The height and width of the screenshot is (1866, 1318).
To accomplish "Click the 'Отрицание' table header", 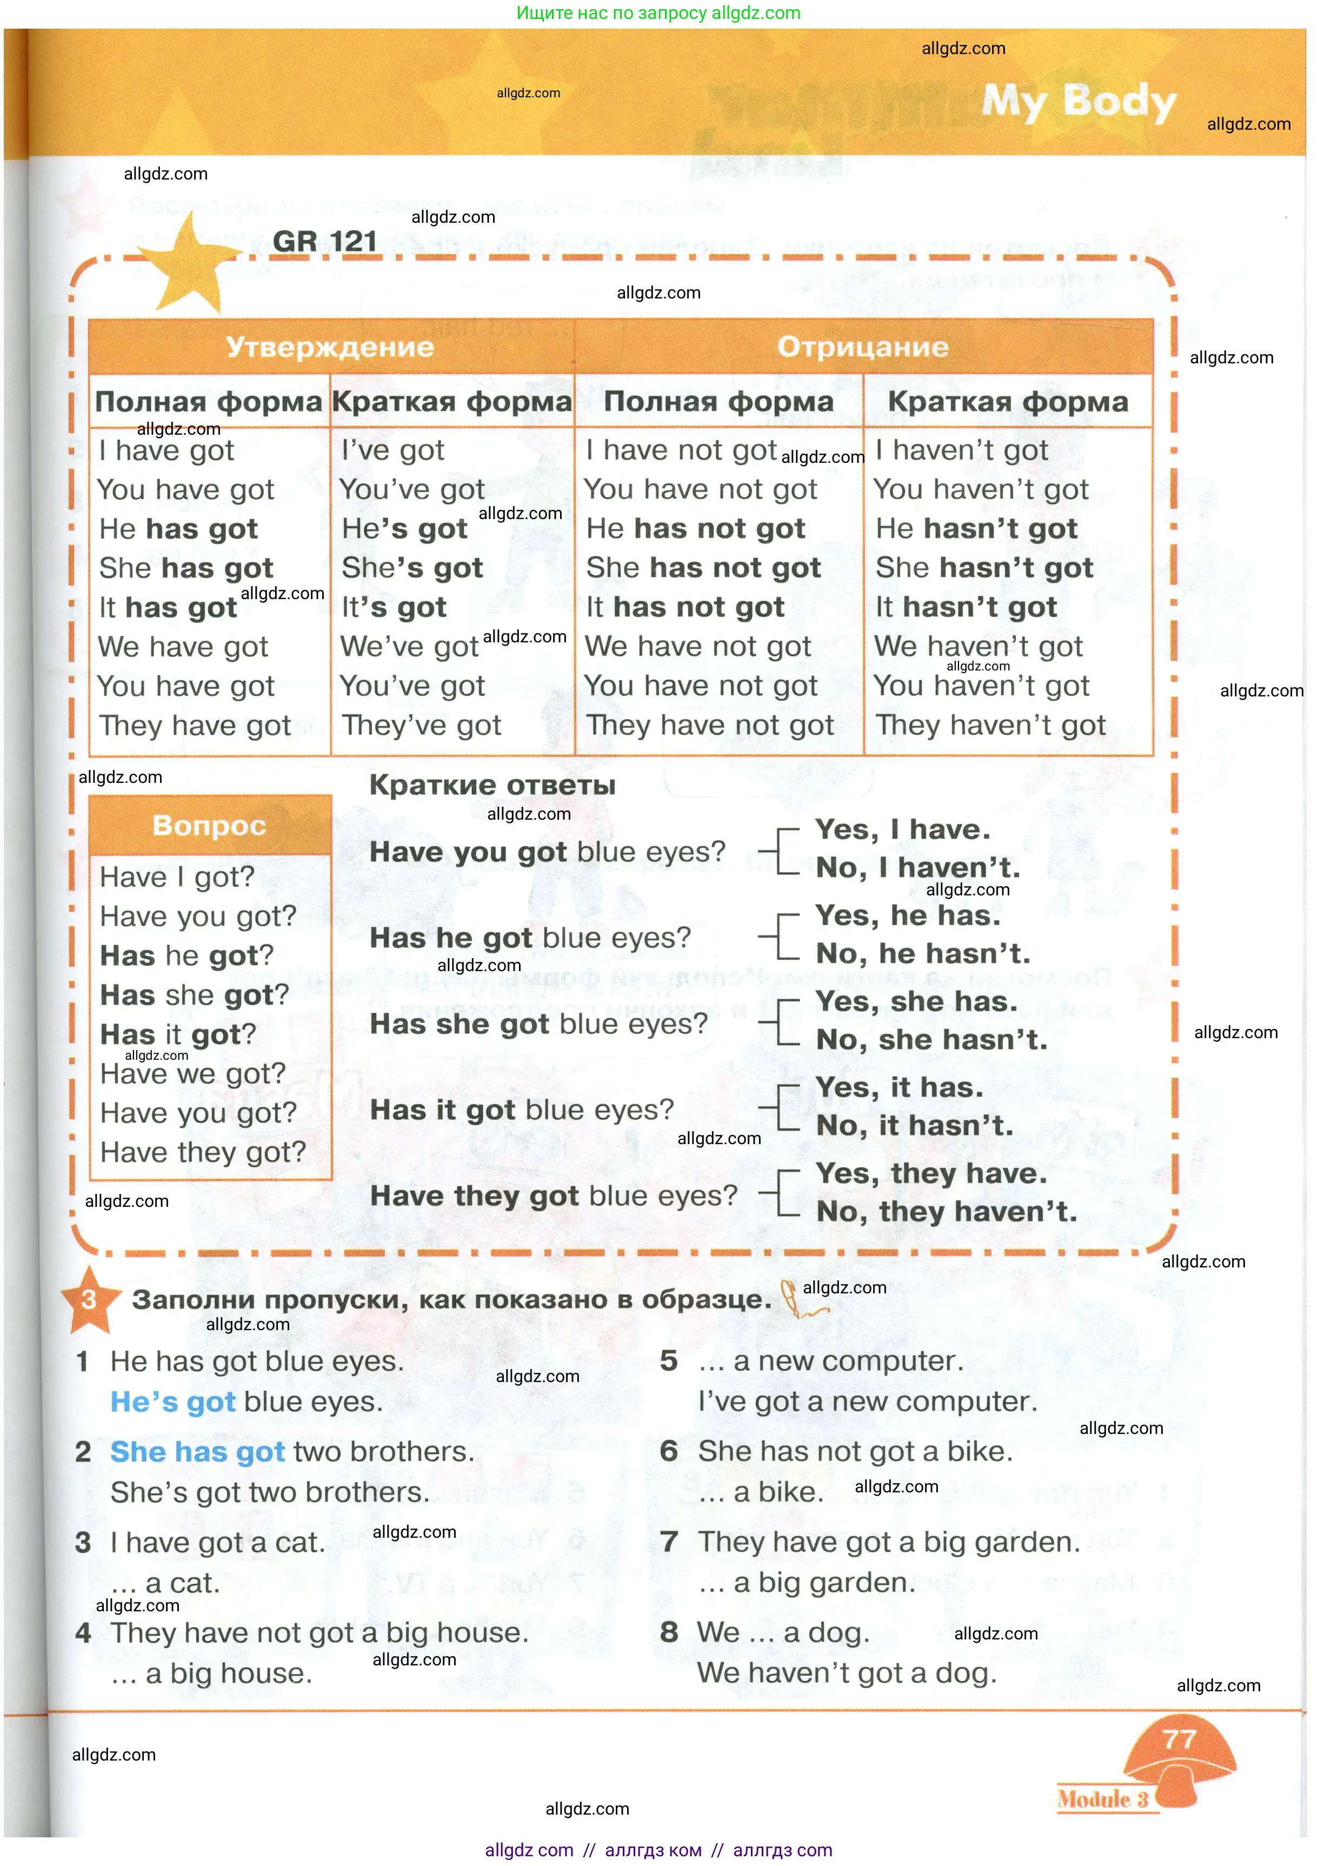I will coord(863,347).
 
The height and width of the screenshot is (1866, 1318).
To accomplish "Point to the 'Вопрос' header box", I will coord(210,826).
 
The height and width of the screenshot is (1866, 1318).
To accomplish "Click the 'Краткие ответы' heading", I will coord(492,785).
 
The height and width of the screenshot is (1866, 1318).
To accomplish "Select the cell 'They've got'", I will coord(421,725).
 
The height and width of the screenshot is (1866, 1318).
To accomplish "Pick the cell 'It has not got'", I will coord(685,607).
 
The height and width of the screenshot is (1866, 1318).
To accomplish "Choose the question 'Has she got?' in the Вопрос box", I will coord(194,995).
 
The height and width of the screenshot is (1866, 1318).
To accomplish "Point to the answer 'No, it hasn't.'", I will coord(915,1126).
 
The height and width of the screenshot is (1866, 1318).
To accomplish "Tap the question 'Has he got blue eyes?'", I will coord(530,938).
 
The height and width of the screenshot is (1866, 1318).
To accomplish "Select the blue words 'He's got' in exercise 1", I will coord(173,1402).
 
